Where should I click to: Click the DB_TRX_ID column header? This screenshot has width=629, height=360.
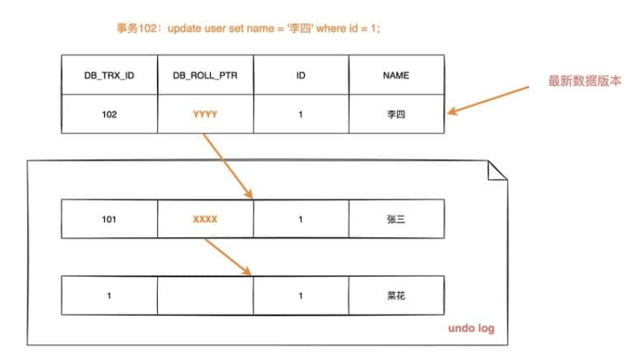[x=109, y=75]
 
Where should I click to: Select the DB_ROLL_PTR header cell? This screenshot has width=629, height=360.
[x=205, y=75]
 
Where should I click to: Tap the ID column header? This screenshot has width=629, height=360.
[x=301, y=75]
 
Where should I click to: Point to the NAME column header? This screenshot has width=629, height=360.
[x=396, y=75]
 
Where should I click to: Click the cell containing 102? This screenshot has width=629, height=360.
[x=109, y=114]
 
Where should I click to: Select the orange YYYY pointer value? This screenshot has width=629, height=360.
[x=205, y=115]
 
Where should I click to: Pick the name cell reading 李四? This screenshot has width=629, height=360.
[x=396, y=114]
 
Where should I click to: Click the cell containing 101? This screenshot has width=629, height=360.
[x=109, y=219]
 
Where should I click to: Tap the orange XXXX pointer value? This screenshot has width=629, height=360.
[x=205, y=219]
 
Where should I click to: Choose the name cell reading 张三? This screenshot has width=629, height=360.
[x=396, y=219]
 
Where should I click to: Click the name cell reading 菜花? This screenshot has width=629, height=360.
[x=396, y=295]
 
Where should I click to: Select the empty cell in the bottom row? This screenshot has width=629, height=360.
[x=205, y=295]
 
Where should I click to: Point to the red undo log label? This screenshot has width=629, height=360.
[x=471, y=328]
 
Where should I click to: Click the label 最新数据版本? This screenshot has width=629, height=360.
[x=585, y=81]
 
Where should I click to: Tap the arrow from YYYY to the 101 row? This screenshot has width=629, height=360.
[x=228, y=166]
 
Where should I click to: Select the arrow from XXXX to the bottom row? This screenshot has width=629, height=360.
[x=228, y=258]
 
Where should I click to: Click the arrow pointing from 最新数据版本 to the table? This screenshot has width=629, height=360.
[x=488, y=100]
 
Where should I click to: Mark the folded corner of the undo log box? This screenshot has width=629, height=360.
[x=498, y=171]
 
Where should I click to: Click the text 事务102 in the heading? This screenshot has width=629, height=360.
[x=137, y=28]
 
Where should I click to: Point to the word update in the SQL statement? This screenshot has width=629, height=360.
[x=184, y=28]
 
